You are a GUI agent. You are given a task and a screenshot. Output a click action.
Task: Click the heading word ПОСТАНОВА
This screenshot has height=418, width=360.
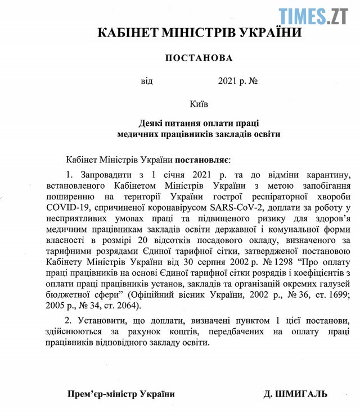[x=199, y=57]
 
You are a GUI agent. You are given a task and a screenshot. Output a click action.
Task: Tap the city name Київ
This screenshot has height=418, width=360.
[x=199, y=104]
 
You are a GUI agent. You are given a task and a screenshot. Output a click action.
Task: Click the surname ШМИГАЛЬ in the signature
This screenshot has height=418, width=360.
[x=301, y=394]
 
